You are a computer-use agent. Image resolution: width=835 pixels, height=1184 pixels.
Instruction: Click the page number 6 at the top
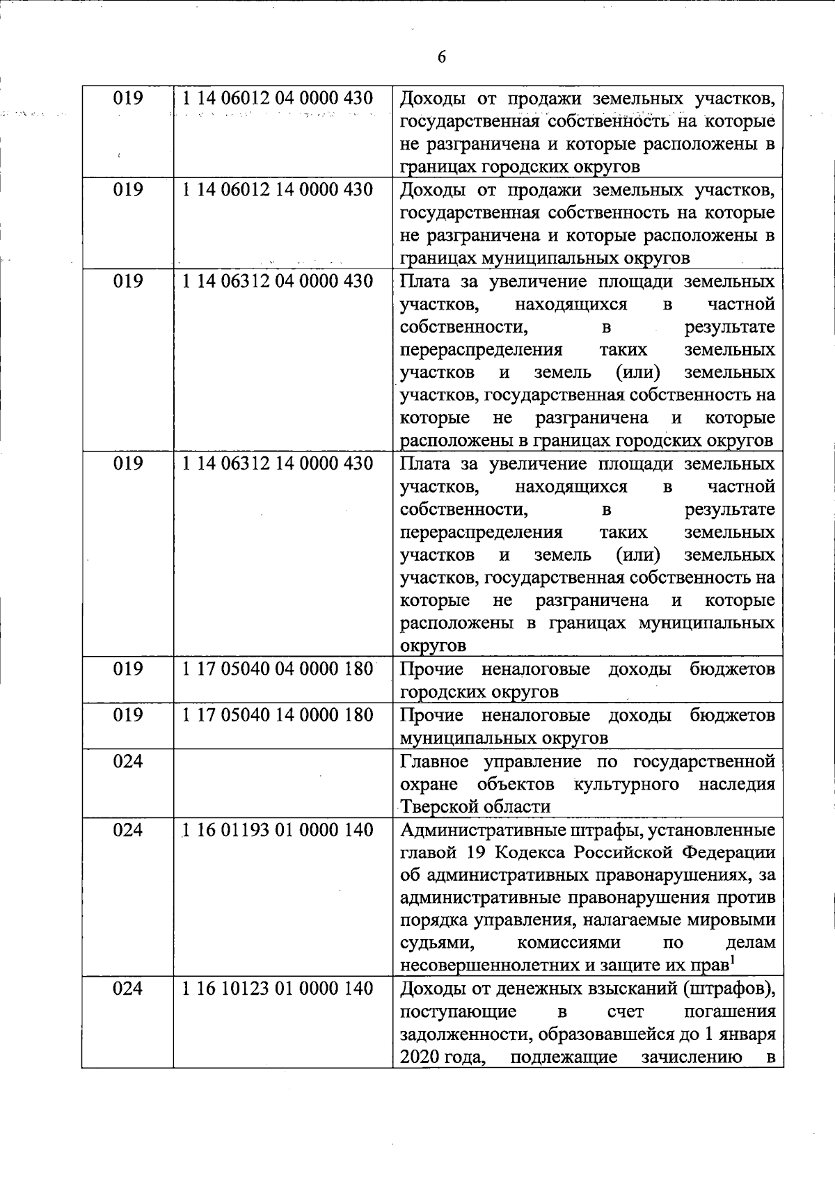[x=442, y=57]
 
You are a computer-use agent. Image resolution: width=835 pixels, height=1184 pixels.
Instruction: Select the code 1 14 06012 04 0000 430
[x=278, y=99]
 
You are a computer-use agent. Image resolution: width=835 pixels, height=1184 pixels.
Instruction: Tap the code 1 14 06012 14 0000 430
[x=278, y=190]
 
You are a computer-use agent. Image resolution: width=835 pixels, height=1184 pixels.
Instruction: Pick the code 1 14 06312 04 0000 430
[x=278, y=281]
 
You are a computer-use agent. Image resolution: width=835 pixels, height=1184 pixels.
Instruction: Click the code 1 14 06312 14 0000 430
[x=278, y=463]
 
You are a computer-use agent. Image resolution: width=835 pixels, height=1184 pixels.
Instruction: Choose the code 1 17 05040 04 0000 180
[x=278, y=669]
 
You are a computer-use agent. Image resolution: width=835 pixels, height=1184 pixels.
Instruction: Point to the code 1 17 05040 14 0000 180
[x=278, y=715]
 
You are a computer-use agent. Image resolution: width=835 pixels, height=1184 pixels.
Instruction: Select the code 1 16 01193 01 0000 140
[x=278, y=830]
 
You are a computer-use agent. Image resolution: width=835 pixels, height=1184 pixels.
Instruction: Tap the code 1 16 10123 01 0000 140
[x=278, y=989]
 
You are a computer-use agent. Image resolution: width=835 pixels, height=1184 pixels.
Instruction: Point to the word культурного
[x=626, y=784]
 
